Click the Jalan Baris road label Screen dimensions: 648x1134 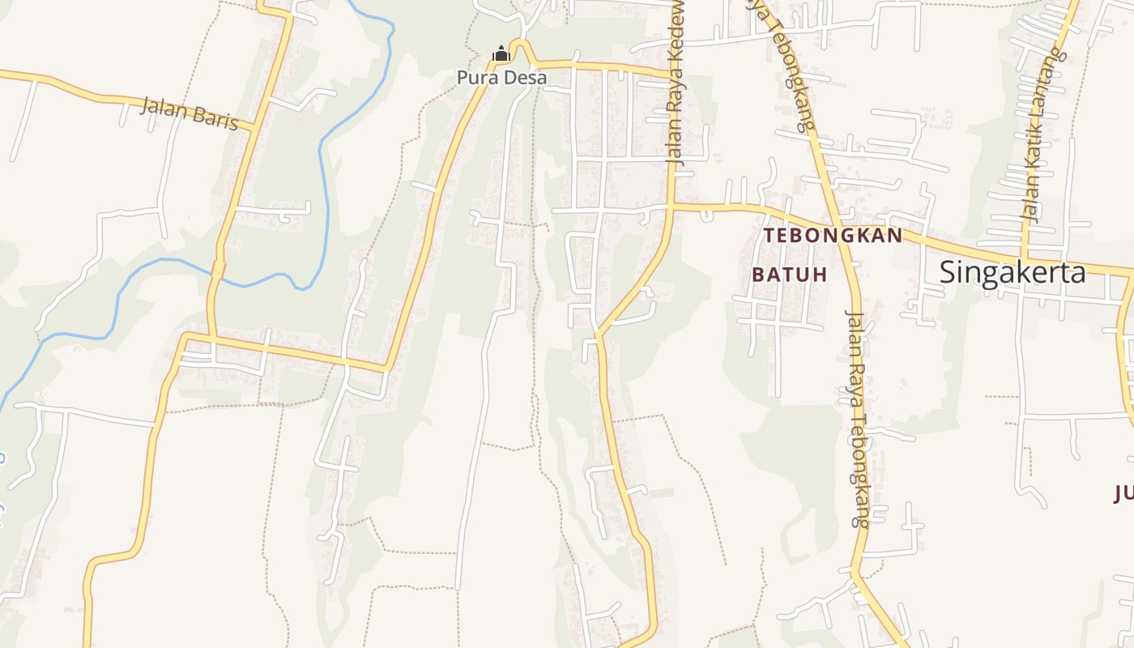point(190,113)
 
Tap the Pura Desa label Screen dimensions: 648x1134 point(501,78)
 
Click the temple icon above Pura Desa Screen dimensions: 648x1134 point(501,55)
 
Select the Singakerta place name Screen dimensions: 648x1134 point(1012,272)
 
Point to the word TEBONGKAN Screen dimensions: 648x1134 point(833,236)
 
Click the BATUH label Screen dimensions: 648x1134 point(789,275)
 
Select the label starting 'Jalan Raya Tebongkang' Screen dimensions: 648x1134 point(859,418)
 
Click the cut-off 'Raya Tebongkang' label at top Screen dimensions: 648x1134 point(782,65)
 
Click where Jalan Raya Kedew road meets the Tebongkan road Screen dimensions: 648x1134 point(671,206)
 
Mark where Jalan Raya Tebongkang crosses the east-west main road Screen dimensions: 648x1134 point(842,228)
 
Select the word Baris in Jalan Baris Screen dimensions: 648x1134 point(214,117)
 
